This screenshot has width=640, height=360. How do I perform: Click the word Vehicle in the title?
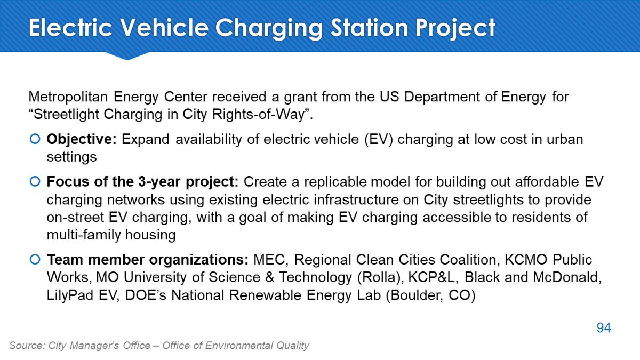(x=164, y=27)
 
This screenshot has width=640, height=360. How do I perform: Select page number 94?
(x=604, y=327)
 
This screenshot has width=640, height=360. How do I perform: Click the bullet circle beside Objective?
(x=35, y=139)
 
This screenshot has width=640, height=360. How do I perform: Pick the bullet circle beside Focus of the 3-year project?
(x=35, y=181)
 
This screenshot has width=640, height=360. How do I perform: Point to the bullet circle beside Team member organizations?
(x=35, y=259)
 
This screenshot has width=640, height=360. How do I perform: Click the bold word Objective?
(x=82, y=140)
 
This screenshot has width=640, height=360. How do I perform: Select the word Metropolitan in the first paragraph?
(x=68, y=97)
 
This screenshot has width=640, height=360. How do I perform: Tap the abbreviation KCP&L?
(x=431, y=277)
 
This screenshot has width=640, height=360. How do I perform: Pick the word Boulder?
(x=415, y=295)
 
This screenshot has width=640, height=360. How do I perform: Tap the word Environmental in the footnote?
(x=239, y=346)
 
